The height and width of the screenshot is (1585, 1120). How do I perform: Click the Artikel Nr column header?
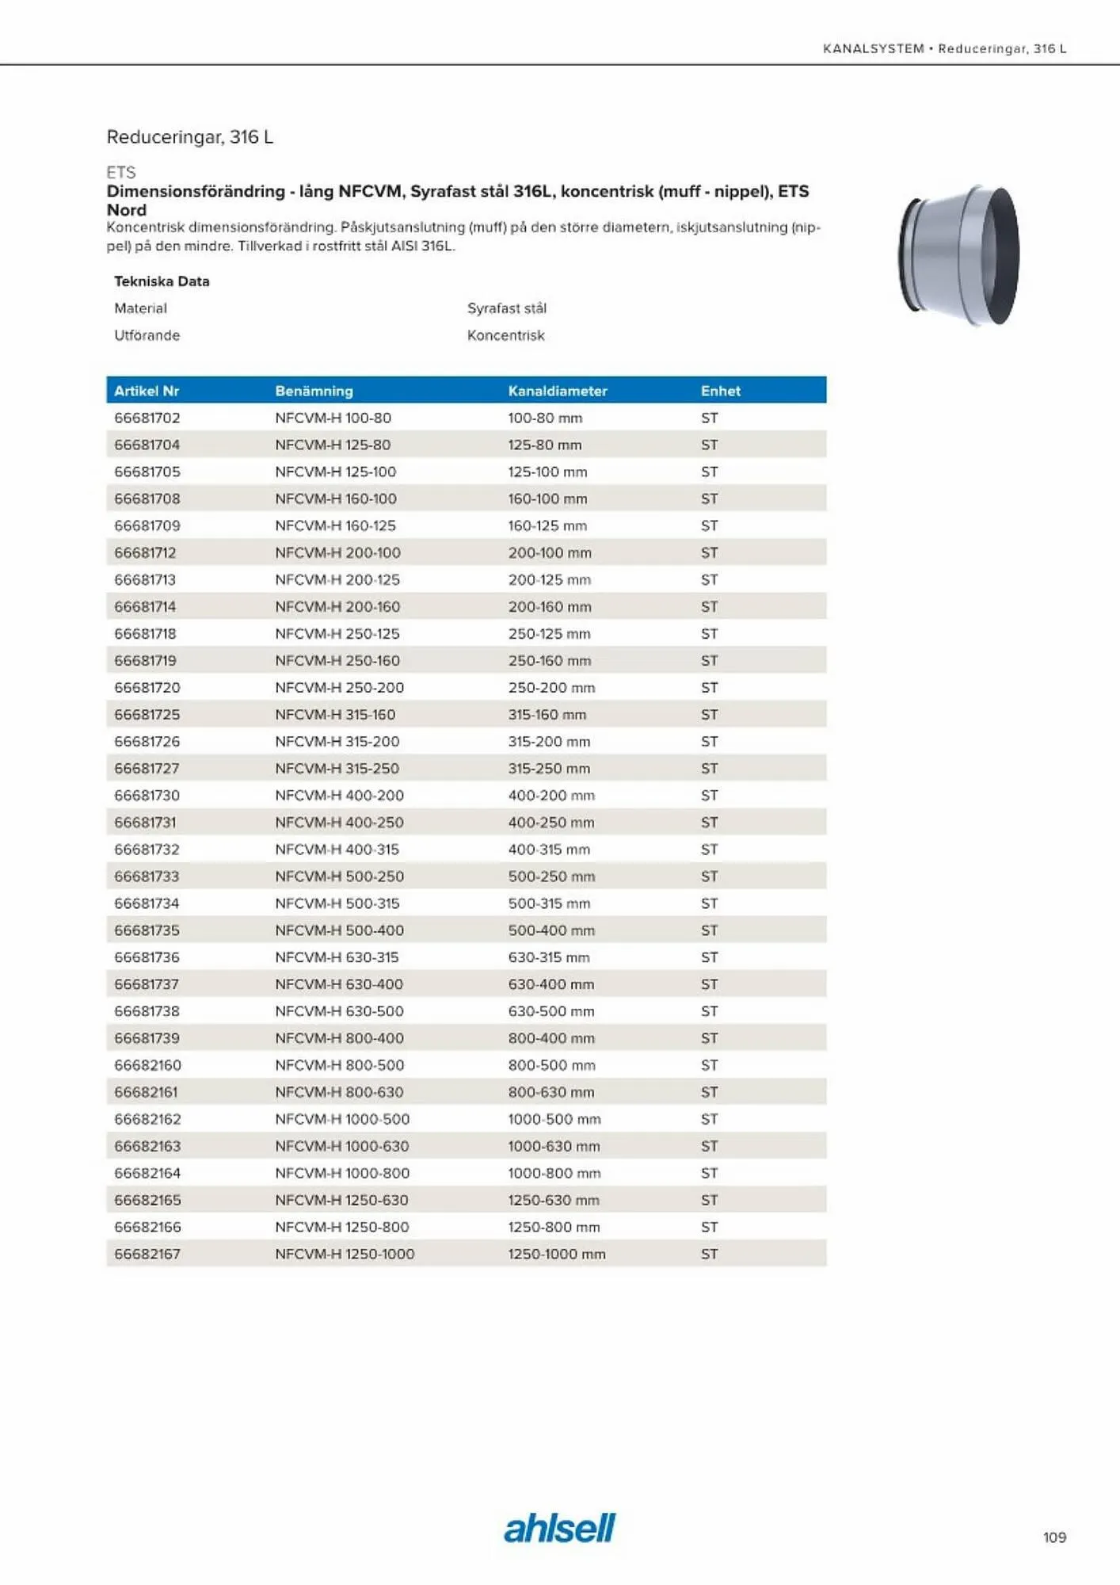147,391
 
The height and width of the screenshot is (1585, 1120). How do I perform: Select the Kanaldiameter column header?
558,391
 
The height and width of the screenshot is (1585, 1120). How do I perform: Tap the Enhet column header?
720,391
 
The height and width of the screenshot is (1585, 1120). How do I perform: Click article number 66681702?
147,418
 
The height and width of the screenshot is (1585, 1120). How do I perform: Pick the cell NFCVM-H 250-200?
339,687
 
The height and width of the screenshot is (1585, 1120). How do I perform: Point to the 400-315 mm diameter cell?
549,849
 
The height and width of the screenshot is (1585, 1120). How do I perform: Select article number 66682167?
147,1254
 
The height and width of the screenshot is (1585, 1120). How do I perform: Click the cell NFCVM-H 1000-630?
342,1146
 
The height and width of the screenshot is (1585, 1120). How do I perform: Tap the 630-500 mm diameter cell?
551,1011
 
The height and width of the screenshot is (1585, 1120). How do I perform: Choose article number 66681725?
147,714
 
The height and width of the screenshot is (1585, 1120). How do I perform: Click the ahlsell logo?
559,1528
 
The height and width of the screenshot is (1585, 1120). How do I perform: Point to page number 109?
1054,1537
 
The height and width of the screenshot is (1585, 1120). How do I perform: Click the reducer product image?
959,255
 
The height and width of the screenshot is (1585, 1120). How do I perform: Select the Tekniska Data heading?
162,281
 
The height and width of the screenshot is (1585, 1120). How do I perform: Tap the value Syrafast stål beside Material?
507,308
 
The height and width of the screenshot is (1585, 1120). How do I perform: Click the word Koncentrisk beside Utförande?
506,335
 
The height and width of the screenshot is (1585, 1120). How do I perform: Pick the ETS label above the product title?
121,172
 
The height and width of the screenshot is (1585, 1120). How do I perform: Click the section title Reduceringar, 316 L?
190,137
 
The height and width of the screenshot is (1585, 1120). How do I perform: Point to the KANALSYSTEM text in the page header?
873,48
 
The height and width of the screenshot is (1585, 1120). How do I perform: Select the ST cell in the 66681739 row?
709,1038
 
